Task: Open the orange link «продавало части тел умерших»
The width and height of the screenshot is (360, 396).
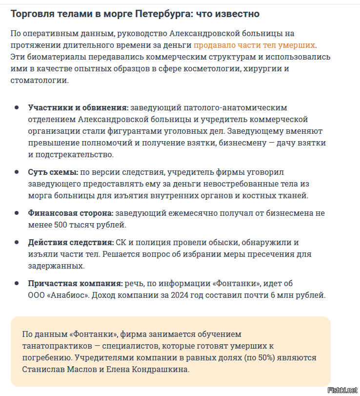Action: click(254, 45)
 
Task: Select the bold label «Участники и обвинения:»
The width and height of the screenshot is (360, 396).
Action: click(79, 107)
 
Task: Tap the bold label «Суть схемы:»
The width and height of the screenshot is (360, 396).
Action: click(53, 172)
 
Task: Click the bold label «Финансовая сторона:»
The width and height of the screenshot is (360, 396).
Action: click(71, 213)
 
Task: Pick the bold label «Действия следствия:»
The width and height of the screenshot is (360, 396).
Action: click(71, 242)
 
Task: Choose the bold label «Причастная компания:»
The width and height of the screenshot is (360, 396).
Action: click(75, 283)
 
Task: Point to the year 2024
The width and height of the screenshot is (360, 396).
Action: click(180, 295)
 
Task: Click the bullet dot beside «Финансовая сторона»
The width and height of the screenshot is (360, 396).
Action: click(17, 213)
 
